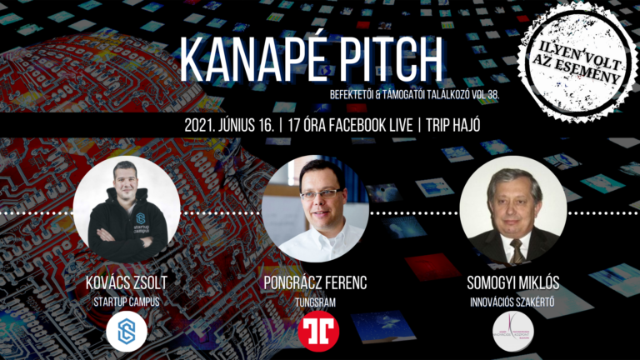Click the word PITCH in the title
(389, 59)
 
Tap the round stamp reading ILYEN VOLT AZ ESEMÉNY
(575, 59)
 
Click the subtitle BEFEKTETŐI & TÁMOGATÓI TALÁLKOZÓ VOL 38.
(402, 97)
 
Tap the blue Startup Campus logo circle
(127, 330)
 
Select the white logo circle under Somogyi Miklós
(512, 331)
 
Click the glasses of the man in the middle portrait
(320, 193)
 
